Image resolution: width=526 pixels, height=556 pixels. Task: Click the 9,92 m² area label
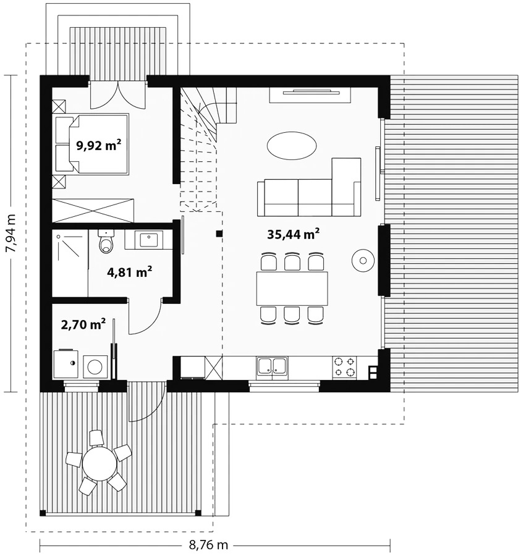(99, 145)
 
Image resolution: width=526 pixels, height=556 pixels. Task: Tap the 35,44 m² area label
(294, 234)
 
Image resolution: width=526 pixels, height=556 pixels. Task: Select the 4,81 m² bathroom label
(130, 272)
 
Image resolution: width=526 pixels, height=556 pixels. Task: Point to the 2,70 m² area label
(83, 324)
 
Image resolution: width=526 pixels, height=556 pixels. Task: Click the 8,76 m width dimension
(208, 545)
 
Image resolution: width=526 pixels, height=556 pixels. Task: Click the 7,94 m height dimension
(11, 234)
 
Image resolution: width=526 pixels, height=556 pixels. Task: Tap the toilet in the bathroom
(106, 241)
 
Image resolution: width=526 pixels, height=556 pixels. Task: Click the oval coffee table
(292, 146)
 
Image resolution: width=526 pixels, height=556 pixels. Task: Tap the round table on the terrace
(100, 463)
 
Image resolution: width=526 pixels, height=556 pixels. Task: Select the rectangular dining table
(292, 289)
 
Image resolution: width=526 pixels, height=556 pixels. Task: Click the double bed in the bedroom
(92, 144)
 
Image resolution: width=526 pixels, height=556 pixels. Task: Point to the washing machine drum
(95, 367)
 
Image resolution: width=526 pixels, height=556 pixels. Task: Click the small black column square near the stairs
(219, 234)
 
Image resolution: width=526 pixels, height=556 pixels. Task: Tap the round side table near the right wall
(363, 261)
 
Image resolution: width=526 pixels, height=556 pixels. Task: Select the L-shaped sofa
(309, 187)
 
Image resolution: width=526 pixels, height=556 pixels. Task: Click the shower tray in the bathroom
(70, 263)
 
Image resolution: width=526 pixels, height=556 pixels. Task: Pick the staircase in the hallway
(208, 149)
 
